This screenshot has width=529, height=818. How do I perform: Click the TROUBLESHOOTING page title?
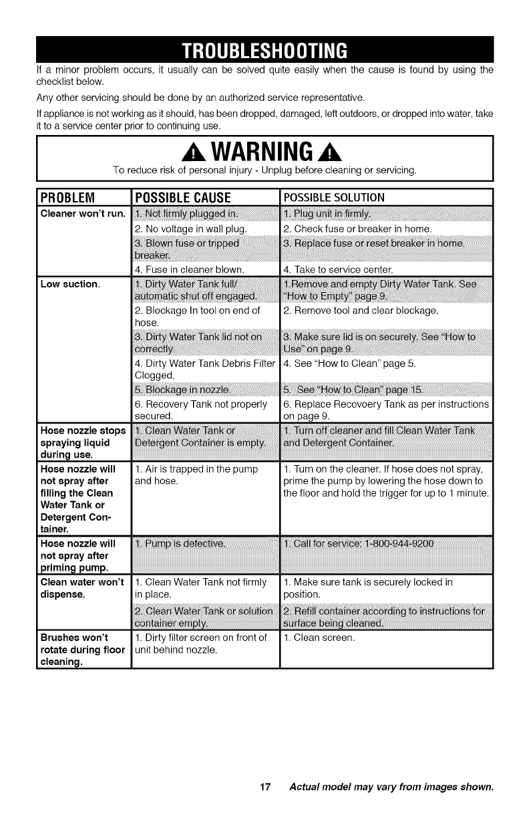[x=264, y=50]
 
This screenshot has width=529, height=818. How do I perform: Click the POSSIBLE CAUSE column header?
[x=182, y=198]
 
